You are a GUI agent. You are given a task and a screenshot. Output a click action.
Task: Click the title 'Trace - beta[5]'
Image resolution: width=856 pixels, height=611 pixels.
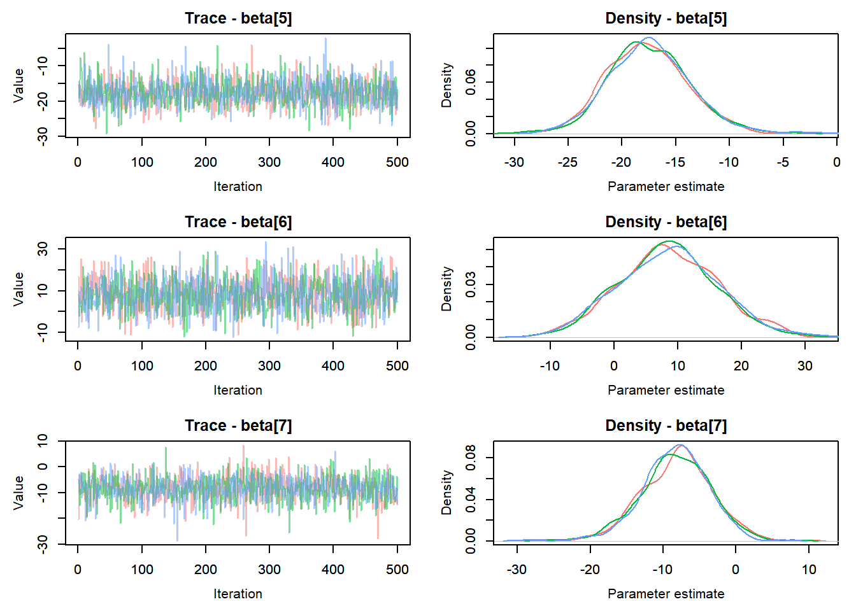click(238, 18)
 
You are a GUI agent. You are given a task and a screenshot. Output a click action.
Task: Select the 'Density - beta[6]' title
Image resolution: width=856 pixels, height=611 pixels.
click(666, 222)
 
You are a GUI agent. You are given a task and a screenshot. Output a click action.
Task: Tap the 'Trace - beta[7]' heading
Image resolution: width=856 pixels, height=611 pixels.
click(238, 426)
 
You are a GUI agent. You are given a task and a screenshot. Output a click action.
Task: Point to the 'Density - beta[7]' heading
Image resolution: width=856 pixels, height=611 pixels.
click(666, 426)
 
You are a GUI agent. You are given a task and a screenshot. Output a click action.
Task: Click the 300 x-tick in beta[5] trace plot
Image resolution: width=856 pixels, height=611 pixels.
click(269, 162)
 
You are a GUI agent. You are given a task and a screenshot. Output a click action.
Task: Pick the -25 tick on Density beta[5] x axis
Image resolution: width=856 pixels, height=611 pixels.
click(567, 162)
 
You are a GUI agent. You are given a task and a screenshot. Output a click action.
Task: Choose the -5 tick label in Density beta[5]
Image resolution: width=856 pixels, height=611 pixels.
click(783, 162)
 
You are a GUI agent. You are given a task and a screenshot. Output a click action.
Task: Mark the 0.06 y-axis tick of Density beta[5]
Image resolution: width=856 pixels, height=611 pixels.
click(471, 82)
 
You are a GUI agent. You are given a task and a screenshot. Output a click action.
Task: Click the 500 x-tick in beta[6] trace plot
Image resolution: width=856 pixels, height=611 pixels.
click(397, 366)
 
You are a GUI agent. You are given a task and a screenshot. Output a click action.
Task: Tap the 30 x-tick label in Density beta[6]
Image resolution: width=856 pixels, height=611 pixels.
click(805, 366)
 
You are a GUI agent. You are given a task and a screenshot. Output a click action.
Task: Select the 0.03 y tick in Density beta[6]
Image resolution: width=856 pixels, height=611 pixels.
click(471, 284)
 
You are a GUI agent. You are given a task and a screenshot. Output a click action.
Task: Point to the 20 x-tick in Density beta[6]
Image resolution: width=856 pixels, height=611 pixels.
click(741, 366)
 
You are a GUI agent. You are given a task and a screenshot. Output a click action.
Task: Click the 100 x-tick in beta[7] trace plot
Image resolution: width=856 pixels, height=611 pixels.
click(142, 570)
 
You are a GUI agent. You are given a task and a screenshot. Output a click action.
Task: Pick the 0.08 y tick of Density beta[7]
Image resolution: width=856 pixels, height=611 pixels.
click(471, 457)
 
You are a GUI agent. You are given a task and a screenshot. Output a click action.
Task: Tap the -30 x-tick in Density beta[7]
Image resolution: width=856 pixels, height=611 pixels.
click(517, 570)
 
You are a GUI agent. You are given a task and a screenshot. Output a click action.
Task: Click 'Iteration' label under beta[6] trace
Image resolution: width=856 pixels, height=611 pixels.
click(238, 390)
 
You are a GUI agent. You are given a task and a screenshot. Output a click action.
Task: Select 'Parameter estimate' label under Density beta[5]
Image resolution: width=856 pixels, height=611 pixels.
click(666, 186)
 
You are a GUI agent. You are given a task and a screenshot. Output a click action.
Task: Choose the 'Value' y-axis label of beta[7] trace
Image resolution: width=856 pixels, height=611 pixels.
click(18, 493)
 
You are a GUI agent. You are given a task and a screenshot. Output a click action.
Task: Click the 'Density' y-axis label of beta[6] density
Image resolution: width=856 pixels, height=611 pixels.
click(446, 289)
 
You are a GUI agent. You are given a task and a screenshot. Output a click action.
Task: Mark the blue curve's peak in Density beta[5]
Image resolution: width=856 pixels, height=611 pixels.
click(648, 38)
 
